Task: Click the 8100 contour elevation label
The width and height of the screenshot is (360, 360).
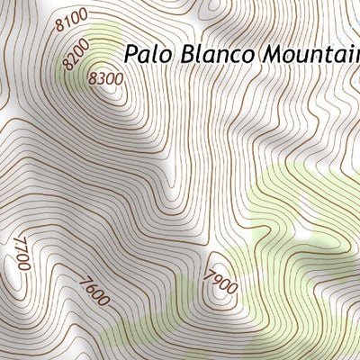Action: [x=71, y=20]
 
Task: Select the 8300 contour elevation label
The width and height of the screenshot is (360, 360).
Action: [x=105, y=78]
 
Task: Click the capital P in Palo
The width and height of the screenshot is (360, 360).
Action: [x=130, y=53]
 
